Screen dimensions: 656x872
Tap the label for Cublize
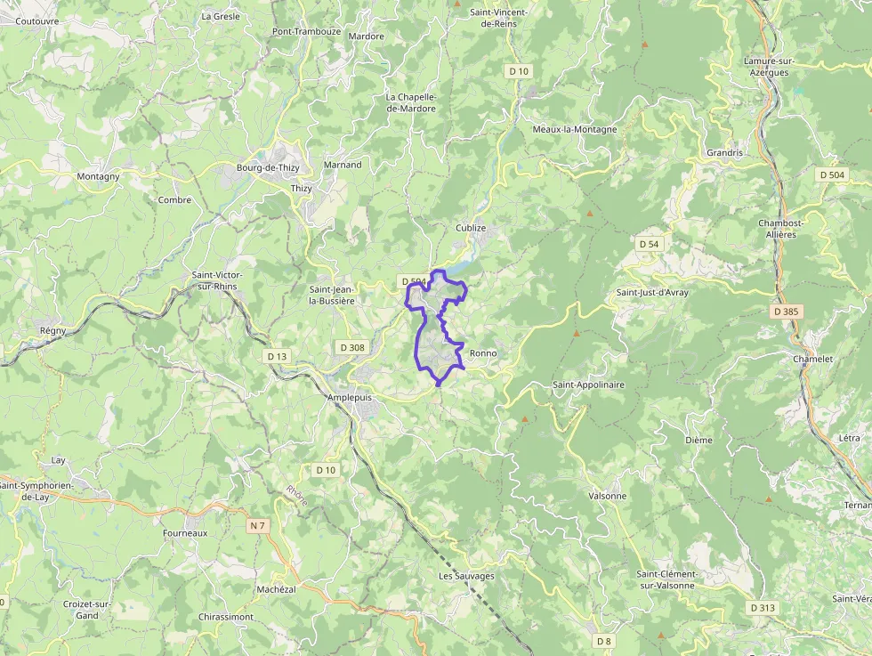[x=471, y=228]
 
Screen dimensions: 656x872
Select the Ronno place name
[x=482, y=353]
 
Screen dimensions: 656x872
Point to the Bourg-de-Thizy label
[x=268, y=167]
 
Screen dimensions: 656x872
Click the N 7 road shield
[x=258, y=526]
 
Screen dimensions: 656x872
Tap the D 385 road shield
[x=787, y=312]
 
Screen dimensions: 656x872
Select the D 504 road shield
[x=832, y=175]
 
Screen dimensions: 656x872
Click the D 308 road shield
[x=352, y=347]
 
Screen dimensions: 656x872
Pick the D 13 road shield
[x=277, y=356]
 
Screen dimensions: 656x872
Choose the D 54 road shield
[x=650, y=244]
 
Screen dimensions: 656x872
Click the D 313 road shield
[x=763, y=608]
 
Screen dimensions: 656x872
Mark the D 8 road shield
[x=605, y=641]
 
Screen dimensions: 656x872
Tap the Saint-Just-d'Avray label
[x=652, y=292]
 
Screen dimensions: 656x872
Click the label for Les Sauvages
[x=466, y=576]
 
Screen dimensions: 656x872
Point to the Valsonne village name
[x=608, y=496]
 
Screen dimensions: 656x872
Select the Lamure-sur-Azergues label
[x=769, y=67]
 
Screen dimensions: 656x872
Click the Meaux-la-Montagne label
[x=574, y=129]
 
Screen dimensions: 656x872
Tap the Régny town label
[x=53, y=330]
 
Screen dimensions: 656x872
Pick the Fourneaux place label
[x=185, y=533]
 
